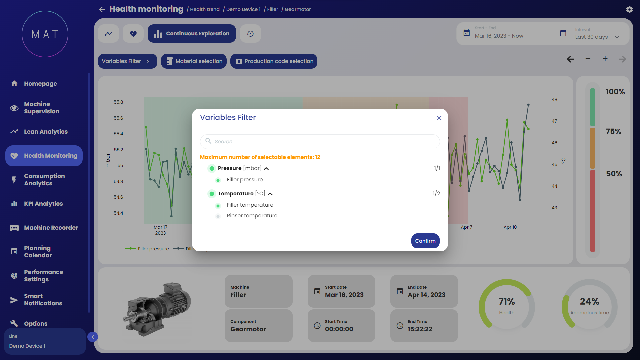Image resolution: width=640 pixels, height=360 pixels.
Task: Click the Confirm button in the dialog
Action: click(425, 241)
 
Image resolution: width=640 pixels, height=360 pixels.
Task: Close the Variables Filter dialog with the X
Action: click(439, 118)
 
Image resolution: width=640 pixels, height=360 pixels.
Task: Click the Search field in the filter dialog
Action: click(320, 142)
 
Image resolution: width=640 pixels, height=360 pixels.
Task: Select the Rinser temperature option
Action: click(252, 216)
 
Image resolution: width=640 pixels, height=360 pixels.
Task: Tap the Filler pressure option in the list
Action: click(244, 180)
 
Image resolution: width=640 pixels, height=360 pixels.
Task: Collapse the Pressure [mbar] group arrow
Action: click(266, 169)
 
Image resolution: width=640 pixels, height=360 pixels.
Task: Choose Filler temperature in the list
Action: click(250, 205)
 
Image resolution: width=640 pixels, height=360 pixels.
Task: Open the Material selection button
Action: click(194, 61)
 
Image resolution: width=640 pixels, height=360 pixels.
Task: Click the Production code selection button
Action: click(274, 61)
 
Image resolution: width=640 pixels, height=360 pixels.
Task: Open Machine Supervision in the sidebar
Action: click(41, 108)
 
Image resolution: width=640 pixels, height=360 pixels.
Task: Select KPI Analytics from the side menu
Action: click(43, 204)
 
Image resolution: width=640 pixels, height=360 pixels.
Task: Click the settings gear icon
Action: click(629, 10)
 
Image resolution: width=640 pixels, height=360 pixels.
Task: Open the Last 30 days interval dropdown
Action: click(597, 37)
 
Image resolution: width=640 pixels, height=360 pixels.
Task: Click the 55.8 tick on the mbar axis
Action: click(118, 102)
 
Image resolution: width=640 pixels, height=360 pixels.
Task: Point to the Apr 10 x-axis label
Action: click(510, 227)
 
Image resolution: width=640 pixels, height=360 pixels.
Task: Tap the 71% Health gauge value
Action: click(507, 302)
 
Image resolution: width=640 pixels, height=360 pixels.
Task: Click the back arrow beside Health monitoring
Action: click(102, 9)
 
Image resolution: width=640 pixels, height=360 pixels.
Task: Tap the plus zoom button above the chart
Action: click(605, 59)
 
